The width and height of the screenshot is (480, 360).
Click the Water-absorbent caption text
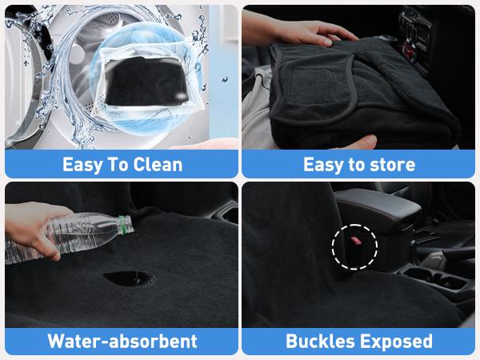click(122, 342)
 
